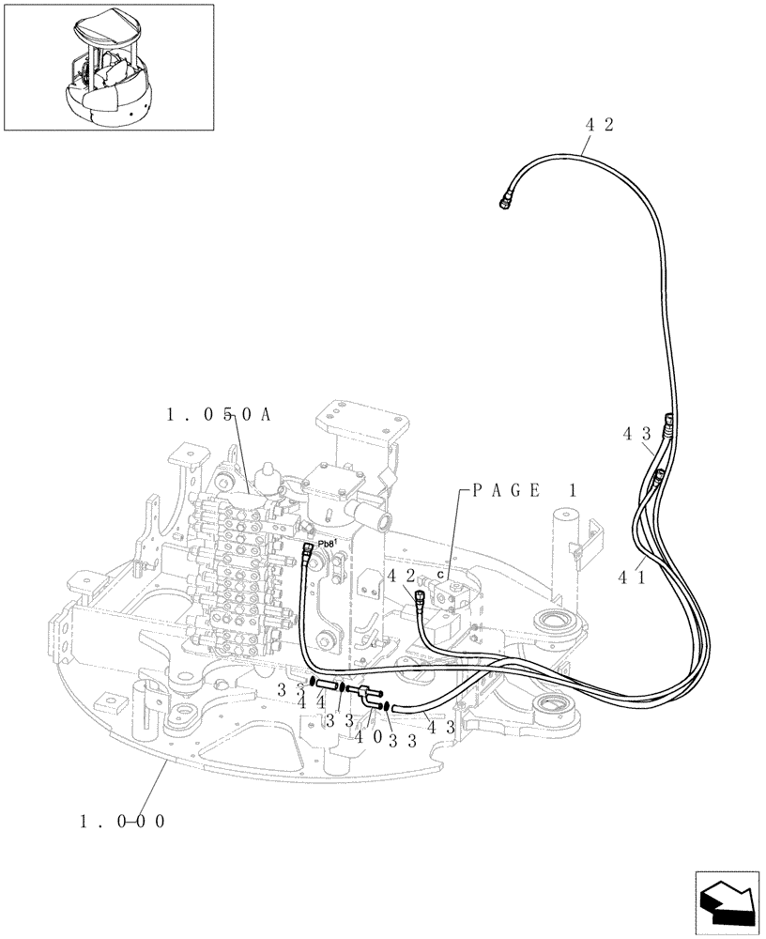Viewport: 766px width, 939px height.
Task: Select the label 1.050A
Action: click(x=218, y=415)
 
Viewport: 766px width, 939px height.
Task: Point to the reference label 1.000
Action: click(x=123, y=821)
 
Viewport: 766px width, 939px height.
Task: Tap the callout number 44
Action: click(x=309, y=701)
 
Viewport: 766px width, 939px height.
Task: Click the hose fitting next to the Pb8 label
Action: click(x=308, y=553)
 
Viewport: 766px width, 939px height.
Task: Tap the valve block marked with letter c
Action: click(x=451, y=592)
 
